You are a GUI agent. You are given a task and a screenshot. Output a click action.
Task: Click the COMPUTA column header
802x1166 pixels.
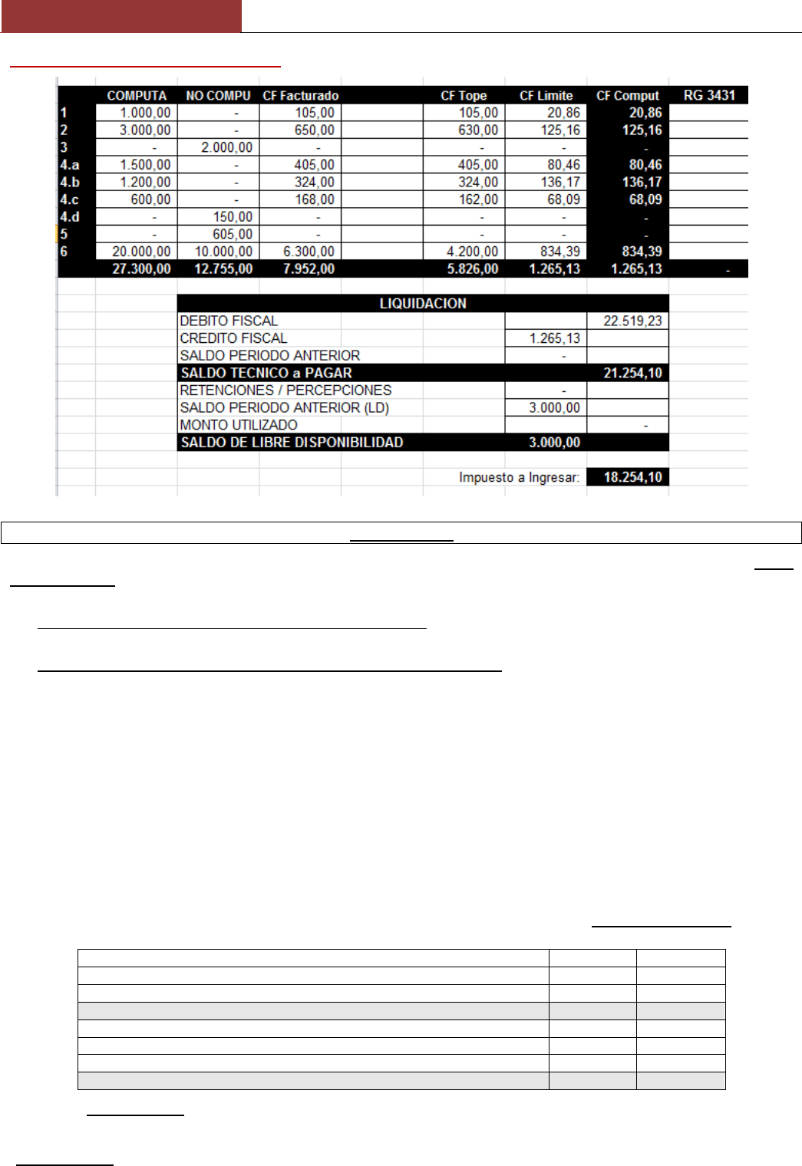[x=137, y=96]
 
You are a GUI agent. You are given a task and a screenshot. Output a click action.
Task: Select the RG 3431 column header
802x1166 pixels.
[x=709, y=95]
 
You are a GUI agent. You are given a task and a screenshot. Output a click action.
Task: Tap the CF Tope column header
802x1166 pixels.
[x=464, y=96]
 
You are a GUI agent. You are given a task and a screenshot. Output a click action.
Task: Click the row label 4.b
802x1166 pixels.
[x=70, y=183]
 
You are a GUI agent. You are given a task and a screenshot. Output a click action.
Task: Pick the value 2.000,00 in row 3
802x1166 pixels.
[x=226, y=147]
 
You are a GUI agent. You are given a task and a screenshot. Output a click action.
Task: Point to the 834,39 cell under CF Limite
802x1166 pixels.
[x=559, y=252]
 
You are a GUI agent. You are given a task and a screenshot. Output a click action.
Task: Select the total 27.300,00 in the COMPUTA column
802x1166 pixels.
[x=141, y=269]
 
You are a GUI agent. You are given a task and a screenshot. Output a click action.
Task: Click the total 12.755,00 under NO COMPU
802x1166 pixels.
[x=223, y=269]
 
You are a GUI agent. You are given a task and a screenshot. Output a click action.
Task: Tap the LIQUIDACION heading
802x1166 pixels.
[x=423, y=304]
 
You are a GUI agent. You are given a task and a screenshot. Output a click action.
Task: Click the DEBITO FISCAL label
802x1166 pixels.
[x=229, y=321]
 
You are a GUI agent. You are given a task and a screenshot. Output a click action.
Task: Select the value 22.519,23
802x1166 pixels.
[x=632, y=321]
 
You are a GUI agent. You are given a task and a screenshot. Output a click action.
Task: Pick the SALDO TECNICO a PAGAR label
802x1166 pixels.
[x=266, y=374]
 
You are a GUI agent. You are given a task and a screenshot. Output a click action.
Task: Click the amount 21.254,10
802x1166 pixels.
[x=632, y=374]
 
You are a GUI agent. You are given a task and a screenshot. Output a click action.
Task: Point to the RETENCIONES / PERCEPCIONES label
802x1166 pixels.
[x=285, y=390]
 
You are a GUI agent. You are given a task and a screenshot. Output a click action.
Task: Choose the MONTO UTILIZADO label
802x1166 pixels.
[x=239, y=425]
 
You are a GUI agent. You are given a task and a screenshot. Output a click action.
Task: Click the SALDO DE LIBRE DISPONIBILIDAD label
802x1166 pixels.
[x=292, y=443]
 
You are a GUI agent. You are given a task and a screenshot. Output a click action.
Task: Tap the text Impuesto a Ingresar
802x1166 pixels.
[x=519, y=477]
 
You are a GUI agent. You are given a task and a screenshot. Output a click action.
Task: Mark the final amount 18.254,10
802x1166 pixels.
[x=632, y=477]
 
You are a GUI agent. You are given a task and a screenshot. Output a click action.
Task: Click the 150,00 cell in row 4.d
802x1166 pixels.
[x=233, y=217]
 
